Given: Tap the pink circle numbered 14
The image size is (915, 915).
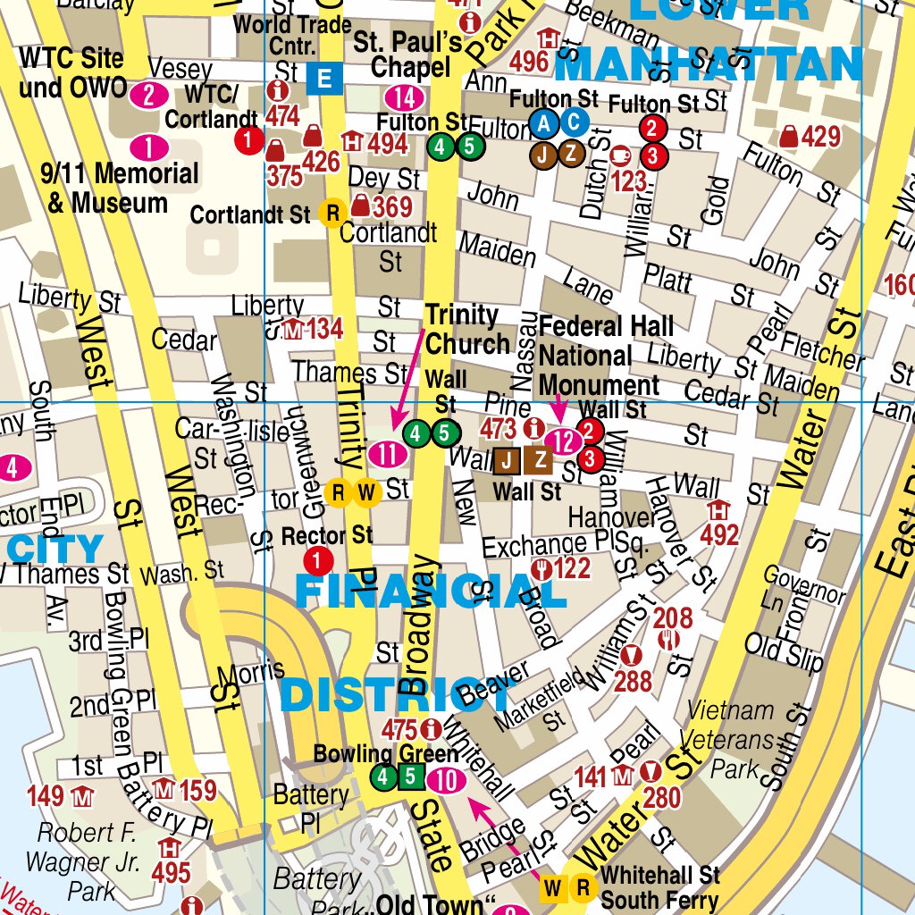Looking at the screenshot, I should pos(404,97).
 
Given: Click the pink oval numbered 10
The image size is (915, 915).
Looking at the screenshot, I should pos(447,781).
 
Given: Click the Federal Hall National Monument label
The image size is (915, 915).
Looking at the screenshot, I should pos(600,356).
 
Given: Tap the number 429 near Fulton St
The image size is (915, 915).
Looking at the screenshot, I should pos(820,137).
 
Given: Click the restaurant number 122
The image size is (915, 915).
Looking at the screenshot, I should pos(572,568).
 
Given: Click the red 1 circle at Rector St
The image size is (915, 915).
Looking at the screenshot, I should pos(318,561).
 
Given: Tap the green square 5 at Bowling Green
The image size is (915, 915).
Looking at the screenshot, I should pos(410,778).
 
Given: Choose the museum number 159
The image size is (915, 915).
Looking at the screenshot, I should pos(197,790).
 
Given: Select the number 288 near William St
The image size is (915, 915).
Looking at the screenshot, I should pos(633,681).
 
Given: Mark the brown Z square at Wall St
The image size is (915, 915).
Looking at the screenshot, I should pos(540,460).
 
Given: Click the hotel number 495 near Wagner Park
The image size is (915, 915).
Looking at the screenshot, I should pos(170,871).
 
